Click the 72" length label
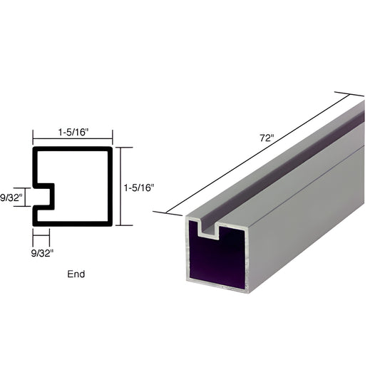click(267, 138)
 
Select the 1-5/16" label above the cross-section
click(72, 131)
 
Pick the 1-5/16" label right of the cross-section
click(138, 188)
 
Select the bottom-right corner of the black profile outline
click(111, 224)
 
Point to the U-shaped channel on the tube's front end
click(210, 230)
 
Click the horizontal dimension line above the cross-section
click(72, 139)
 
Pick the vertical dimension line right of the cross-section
click(119, 186)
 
